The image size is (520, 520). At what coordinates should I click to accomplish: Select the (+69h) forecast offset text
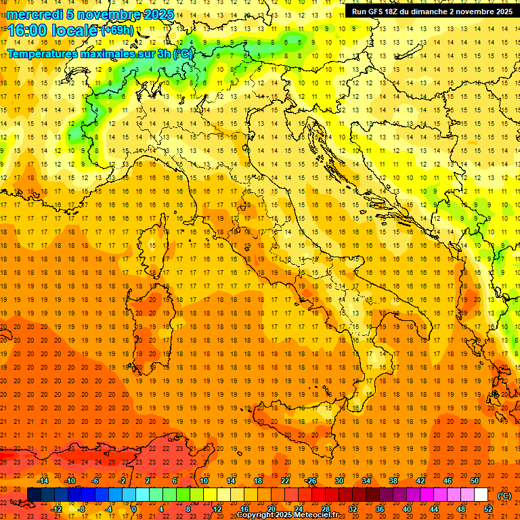pos(117,30)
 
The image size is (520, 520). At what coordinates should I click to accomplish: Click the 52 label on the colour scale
pos(488,508)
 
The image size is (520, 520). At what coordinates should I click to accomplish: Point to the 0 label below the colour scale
pos(134,508)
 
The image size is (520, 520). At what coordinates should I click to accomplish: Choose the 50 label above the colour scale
pos(475,481)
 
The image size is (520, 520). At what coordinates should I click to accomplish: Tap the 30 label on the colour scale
pos(339,481)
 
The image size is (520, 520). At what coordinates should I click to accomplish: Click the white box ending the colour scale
pos(481,494)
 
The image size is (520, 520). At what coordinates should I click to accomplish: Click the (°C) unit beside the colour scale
pos(504,495)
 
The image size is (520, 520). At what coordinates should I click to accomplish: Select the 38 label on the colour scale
pos(393,481)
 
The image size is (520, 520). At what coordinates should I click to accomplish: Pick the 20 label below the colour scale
pos(271,508)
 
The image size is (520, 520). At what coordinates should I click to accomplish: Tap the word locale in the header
pos(71,30)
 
